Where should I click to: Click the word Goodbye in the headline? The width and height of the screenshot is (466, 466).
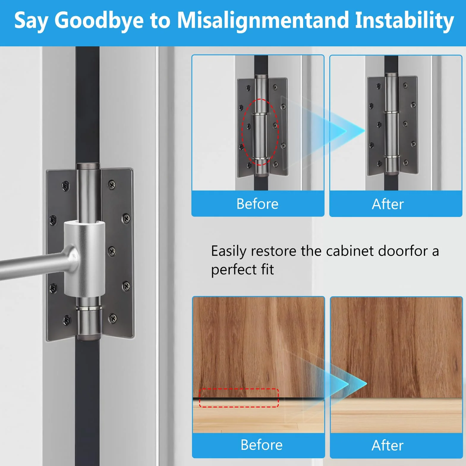99,21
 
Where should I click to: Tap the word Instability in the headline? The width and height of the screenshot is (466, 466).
404,21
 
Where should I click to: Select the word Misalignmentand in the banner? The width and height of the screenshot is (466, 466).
263,21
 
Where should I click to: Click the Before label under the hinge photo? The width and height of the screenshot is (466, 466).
257,204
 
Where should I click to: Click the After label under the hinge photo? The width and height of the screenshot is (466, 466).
388,204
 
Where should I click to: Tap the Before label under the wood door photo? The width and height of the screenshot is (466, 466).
262,445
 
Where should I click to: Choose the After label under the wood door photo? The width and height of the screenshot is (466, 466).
388,445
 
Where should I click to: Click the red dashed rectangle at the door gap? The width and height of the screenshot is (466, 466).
239,389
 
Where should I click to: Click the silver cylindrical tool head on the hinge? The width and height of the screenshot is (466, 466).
84,259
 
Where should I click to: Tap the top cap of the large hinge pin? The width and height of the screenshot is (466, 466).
88,166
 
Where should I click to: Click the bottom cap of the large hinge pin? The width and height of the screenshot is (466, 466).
88,337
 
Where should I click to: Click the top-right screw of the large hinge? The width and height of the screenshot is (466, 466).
112,185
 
